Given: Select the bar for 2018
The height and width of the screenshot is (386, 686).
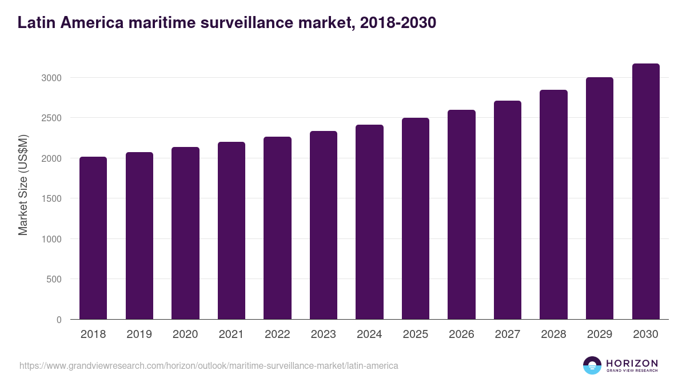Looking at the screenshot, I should (x=93, y=238).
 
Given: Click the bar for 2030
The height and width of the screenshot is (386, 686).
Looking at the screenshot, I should (x=646, y=192).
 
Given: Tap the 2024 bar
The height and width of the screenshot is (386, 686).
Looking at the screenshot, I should (x=369, y=222).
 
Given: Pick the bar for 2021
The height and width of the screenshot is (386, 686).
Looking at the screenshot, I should (x=232, y=230).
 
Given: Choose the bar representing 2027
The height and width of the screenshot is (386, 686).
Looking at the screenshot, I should (x=508, y=210).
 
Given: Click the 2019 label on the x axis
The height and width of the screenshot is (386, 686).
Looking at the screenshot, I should (x=139, y=335).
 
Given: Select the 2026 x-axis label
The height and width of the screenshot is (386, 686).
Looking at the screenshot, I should (x=461, y=335).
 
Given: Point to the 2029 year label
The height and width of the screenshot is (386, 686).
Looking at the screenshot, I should (x=600, y=335).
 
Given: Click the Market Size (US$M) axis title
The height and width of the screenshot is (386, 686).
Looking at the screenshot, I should (x=23, y=185).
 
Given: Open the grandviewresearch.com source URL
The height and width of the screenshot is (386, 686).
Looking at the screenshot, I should (x=209, y=365).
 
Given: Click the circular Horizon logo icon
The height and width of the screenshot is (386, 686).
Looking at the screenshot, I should (x=592, y=365).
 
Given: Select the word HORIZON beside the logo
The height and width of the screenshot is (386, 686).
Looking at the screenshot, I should (x=632, y=363).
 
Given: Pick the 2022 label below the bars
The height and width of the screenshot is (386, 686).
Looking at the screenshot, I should (x=277, y=335).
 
